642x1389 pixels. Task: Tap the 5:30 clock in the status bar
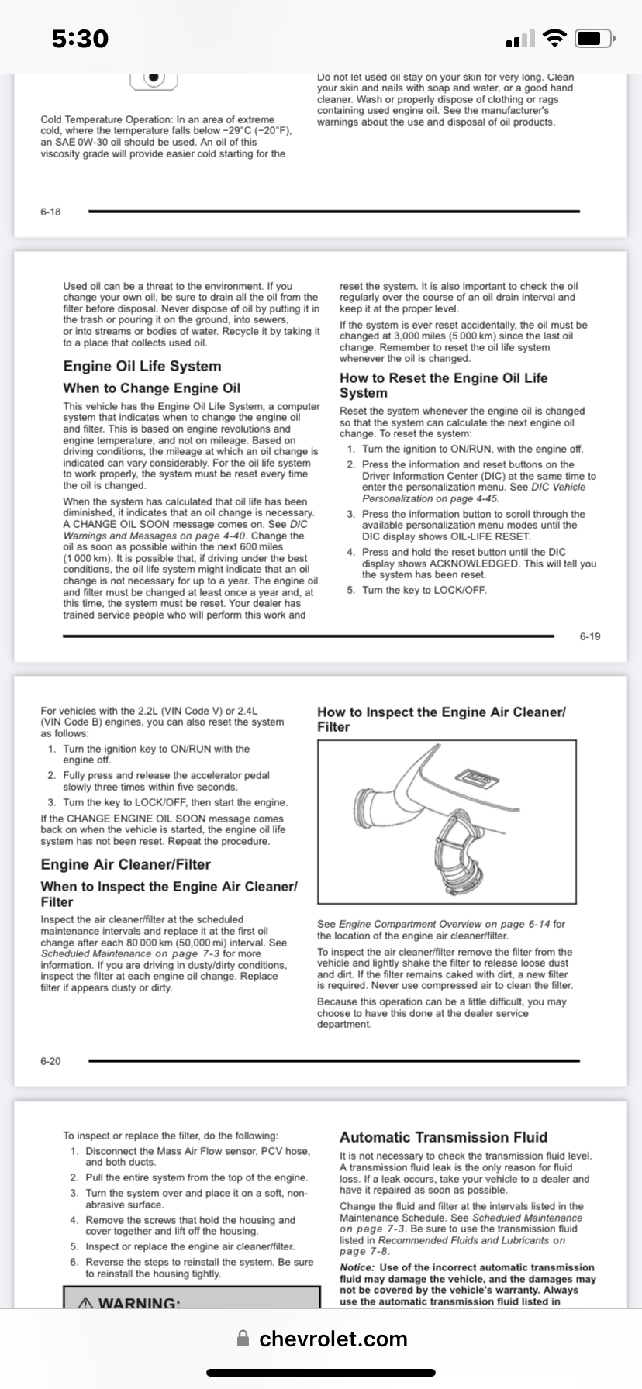(80, 38)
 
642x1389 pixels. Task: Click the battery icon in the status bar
(595, 38)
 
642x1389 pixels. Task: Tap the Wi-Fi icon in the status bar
(554, 38)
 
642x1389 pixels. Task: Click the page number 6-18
(50, 212)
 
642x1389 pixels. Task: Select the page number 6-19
(590, 636)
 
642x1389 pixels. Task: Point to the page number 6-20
(50, 1061)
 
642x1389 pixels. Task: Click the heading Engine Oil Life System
(142, 366)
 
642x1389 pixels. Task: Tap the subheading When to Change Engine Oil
(152, 388)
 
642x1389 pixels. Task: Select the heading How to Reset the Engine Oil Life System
(444, 385)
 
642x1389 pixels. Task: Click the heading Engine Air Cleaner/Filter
(126, 864)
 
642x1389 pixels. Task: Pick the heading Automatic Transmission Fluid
(444, 1137)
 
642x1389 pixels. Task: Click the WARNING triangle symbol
(86, 1303)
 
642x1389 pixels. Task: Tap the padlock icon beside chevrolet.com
(243, 1339)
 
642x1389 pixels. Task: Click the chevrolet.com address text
(333, 1339)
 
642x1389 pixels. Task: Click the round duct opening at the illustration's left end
(366, 808)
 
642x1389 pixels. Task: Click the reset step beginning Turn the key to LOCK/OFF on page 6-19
(424, 590)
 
